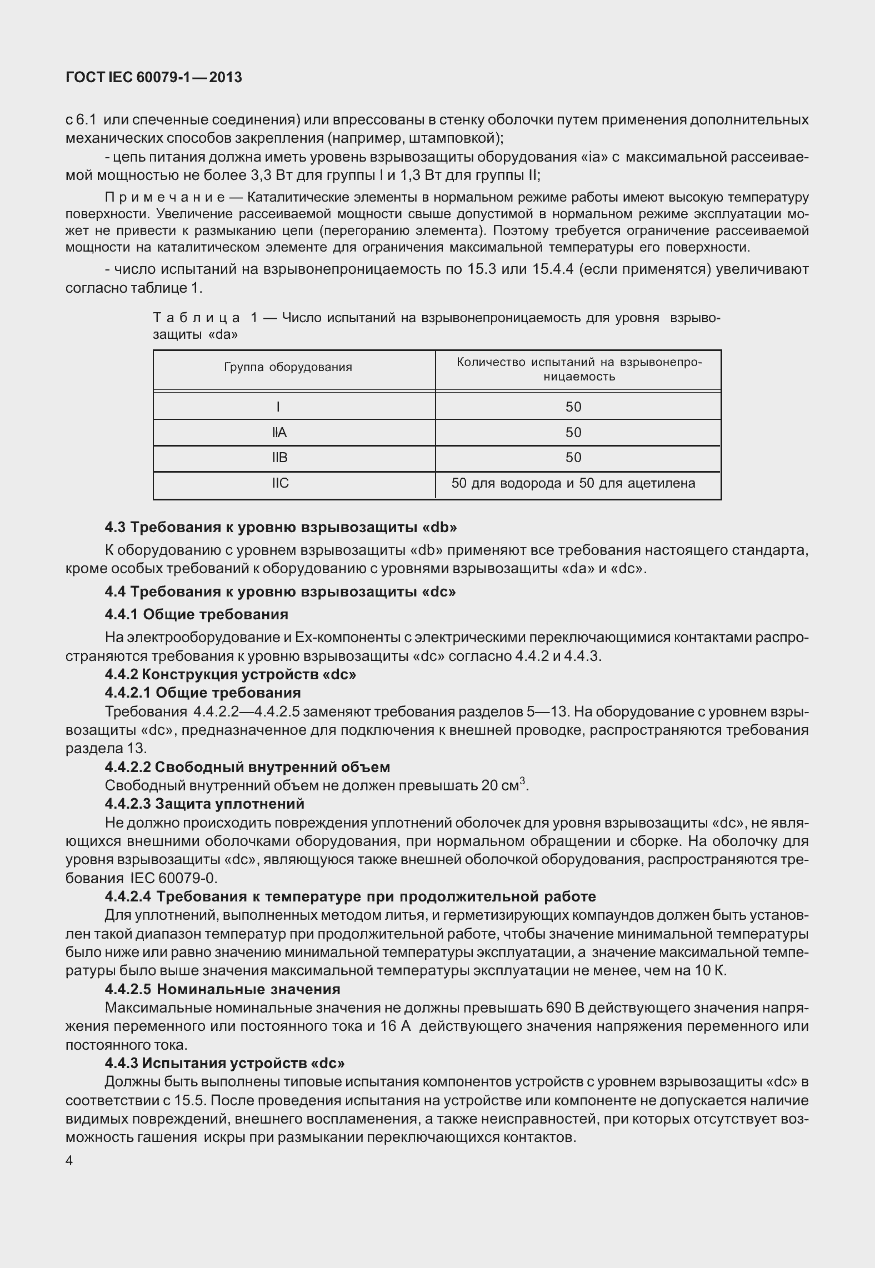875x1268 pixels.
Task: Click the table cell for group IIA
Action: (279, 433)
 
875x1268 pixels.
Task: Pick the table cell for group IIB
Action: (279, 458)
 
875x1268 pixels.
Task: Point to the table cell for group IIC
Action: (280, 483)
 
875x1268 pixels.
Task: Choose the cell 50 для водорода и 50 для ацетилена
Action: (573, 483)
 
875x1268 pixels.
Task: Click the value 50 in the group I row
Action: (573, 407)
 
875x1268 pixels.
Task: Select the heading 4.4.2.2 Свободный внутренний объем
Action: (248, 767)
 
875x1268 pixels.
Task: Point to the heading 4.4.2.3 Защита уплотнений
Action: (204, 804)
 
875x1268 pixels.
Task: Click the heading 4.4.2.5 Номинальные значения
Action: (222, 989)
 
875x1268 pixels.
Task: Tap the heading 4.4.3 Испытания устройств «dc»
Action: (224, 1063)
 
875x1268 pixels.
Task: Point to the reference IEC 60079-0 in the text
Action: (173, 878)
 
